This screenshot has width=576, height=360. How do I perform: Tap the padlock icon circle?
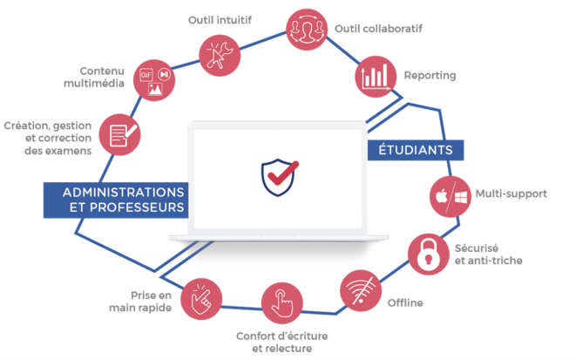430,254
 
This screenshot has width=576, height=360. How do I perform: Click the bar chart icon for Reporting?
376,77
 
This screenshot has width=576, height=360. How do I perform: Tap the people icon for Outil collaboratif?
307,29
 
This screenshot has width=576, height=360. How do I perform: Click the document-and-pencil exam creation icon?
119,134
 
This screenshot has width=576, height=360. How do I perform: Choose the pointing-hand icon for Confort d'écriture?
281,302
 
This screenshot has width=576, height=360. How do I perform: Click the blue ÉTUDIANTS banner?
415,150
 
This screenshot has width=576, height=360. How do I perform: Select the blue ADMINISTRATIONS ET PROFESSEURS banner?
116,200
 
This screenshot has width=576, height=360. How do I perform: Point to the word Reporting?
429,76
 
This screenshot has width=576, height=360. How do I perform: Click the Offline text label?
405,303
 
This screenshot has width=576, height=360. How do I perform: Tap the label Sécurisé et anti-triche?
489,254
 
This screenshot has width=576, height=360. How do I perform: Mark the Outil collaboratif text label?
378,28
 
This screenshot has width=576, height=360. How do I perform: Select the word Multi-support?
511,194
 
